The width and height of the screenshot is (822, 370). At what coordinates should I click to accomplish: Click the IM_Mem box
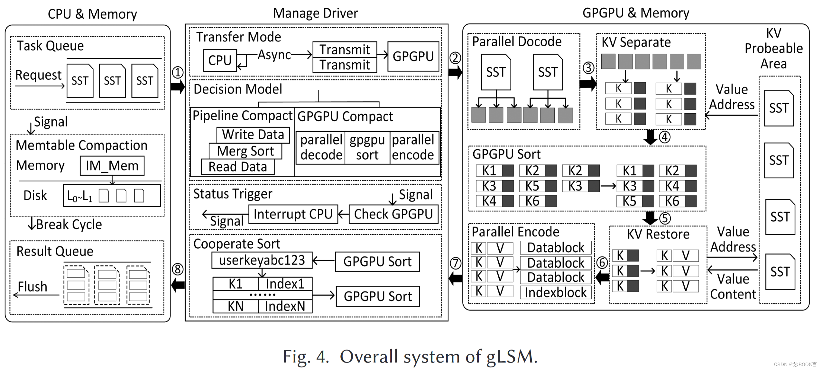click(x=112, y=166)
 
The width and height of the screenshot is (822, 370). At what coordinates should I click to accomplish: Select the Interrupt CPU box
click(x=293, y=214)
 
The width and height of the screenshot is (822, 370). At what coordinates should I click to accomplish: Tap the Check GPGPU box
click(x=393, y=214)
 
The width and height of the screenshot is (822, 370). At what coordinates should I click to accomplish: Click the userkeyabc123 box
click(x=262, y=260)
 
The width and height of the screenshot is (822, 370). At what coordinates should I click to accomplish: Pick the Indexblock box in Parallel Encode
click(x=556, y=292)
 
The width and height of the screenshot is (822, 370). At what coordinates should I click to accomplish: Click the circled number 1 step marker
click(x=178, y=72)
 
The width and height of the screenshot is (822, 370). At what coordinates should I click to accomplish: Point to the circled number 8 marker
click(x=178, y=269)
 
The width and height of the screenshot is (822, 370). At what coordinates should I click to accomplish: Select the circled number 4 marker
click(x=664, y=137)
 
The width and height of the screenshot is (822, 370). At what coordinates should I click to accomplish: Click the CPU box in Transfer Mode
click(x=220, y=60)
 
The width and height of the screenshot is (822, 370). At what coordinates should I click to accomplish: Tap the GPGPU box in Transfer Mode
click(x=413, y=57)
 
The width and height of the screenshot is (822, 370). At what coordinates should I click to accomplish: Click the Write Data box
click(x=253, y=135)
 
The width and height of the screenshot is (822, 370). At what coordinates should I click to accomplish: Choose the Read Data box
click(x=237, y=167)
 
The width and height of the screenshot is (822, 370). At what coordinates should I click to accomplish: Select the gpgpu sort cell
click(x=367, y=148)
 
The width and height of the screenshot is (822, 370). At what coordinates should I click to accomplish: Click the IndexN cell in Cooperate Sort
click(x=285, y=306)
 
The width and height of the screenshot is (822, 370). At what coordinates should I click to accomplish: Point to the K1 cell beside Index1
click(x=236, y=284)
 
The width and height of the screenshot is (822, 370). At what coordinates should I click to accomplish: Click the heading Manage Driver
click(x=315, y=14)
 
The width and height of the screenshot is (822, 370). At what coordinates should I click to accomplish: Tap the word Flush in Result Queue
click(x=32, y=287)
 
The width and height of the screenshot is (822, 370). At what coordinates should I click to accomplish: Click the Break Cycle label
click(x=69, y=224)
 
